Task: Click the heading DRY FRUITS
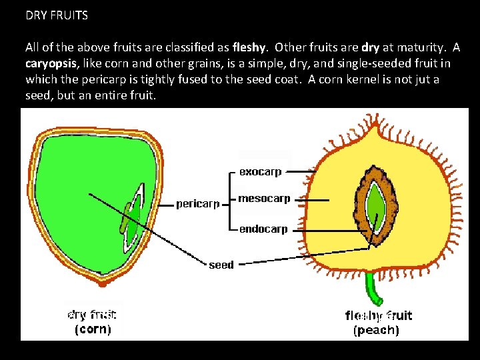tap(57, 15)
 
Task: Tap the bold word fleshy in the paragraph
tap(250, 48)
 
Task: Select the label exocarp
tap(260, 172)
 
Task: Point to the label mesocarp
tap(264, 199)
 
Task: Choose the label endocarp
tap(263, 229)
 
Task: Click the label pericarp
tap(198, 204)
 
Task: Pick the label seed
tap(221, 265)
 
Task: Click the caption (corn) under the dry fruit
tap(92, 329)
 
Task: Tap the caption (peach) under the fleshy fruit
tap(376, 330)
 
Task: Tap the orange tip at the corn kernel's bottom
tap(102, 282)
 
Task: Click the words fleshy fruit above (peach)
tap(378, 315)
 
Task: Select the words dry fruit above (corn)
tap(92, 314)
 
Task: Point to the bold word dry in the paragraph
tap(371, 48)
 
